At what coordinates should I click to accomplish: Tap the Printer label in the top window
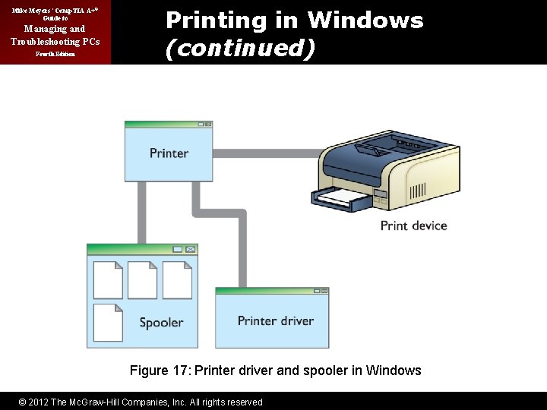[x=169, y=153]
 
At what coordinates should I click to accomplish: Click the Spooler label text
[x=161, y=323]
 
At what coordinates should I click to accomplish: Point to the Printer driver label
[x=275, y=320]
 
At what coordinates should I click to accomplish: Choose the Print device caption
[x=413, y=225]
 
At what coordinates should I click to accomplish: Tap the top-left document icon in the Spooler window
[x=108, y=280]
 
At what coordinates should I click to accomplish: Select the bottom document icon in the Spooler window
[x=108, y=322]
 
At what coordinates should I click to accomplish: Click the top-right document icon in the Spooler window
[x=177, y=280]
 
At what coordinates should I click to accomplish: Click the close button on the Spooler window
[x=191, y=249]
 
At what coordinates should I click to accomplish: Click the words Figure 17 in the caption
[x=160, y=371]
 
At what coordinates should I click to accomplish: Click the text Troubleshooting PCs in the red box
[x=55, y=41]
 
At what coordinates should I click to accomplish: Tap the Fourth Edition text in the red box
[x=55, y=55]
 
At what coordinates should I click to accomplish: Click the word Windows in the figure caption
[x=394, y=371]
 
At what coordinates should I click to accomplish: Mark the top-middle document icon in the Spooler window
[x=142, y=280]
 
